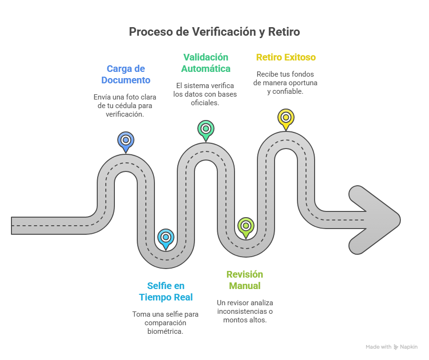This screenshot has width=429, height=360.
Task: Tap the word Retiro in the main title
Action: click(285, 32)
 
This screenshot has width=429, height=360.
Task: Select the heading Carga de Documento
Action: click(126, 74)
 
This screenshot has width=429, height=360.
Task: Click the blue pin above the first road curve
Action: click(126, 140)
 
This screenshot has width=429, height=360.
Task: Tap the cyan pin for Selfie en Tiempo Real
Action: click(166, 237)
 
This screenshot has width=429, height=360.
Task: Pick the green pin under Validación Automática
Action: click(206, 129)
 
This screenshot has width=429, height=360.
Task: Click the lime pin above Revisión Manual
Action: click(245, 226)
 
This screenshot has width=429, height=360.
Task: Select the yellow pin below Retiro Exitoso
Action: click(286, 117)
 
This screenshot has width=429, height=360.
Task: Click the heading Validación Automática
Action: click(205, 63)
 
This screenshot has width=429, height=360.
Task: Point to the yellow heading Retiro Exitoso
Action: click(286, 57)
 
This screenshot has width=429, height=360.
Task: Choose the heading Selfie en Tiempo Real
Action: click(166, 291)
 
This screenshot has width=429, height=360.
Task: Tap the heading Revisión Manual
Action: click(245, 280)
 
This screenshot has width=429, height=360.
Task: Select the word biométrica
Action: click(165, 331)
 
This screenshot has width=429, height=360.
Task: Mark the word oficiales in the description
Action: click(205, 102)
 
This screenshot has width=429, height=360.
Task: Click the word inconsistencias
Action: click(242, 311)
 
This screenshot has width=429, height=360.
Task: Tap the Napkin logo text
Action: click(409, 347)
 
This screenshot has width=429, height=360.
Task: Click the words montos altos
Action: click(245, 320)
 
